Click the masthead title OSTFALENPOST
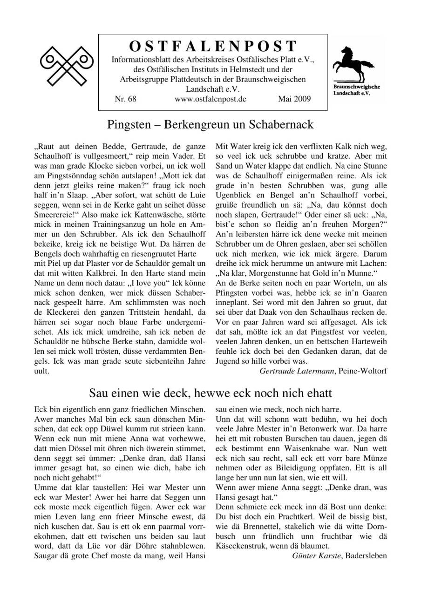212,46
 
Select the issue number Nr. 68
125,99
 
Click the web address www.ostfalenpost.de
210,99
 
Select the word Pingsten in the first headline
128,125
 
